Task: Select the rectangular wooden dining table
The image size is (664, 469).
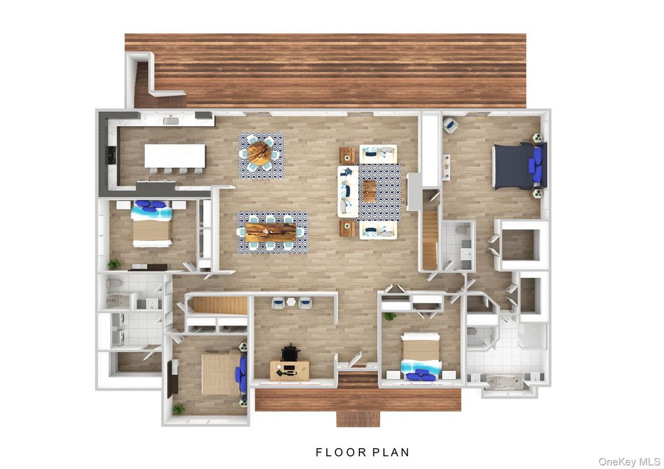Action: click(x=272, y=232)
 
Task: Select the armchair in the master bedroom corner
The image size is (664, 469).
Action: click(x=450, y=124)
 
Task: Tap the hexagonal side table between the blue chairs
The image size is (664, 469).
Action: click(x=291, y=302)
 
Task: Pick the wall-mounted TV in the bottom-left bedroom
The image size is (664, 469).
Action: click(x=170, y=379)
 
